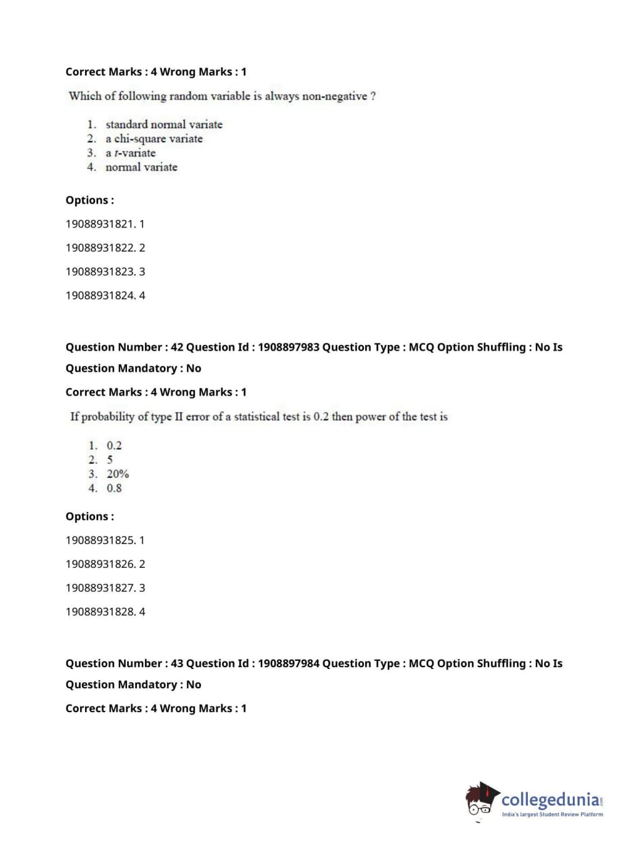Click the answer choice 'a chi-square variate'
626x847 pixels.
click(x=154, y=139)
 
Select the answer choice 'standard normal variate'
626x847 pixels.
click(x=164, y=124)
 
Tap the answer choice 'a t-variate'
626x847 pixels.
click(x=130, y=153)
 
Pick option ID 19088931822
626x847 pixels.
click(x=105, y=248)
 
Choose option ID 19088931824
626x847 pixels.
click(x=105, y=295)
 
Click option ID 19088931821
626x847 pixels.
click(x=105, y=224)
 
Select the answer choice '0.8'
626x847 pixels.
click(x=114, y=488)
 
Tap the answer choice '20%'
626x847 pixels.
click(x=118, y=474)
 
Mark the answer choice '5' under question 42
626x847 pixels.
click(x=109, y=460)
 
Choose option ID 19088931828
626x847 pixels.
click(x=105, y=612)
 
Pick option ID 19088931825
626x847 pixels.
click(x=105, y=540)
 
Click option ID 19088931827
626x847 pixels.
click(x=105, y=588)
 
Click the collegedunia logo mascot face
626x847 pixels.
click(x=480, y=802)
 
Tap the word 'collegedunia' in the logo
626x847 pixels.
click(x=550, y=800)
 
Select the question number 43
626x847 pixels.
click(x=177, y=663)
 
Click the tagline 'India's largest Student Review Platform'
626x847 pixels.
click(x=552, y=815)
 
